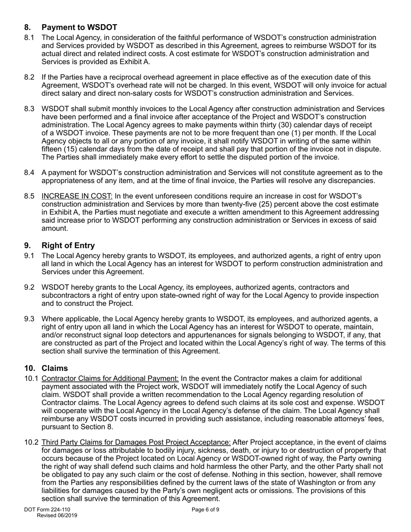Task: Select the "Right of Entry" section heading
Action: (x=68, y=245)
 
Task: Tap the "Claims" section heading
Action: (x=55, y=368)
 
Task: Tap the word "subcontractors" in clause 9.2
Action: (x=67, y=295)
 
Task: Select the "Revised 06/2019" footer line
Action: (x=57, y=516)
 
